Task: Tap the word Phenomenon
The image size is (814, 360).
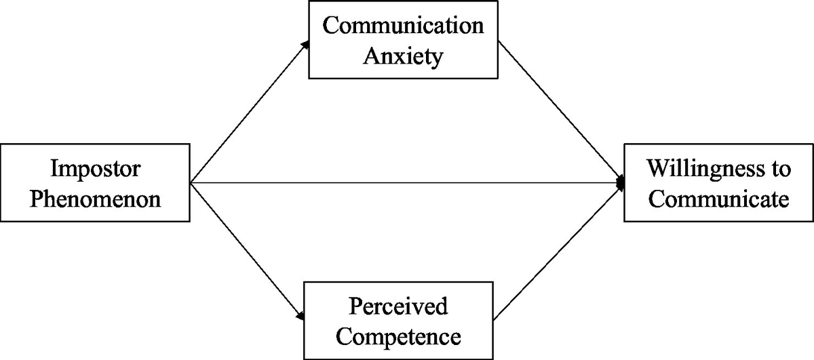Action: click(95, 199)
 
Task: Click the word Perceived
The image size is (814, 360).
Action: click(399, 306)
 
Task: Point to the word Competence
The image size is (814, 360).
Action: click(399, 335)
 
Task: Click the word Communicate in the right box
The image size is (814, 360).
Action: click(718, 199)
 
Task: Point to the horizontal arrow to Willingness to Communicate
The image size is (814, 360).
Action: click(407, 182)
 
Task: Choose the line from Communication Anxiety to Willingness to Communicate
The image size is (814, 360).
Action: click(562, 111)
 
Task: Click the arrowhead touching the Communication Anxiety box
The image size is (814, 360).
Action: click(306, 43)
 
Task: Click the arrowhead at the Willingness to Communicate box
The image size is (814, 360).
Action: click(619, 182)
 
